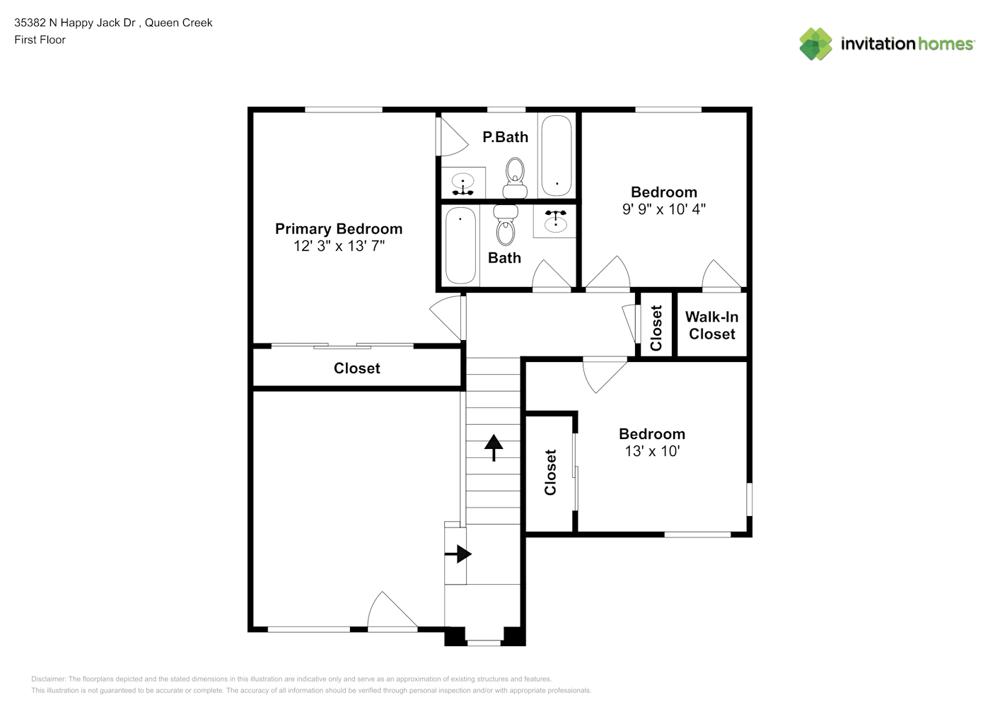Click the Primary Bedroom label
point(338,229)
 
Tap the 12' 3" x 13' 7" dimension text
point(339,246)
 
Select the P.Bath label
point(506,137)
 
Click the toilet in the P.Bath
point(515,177)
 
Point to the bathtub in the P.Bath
point(557,156)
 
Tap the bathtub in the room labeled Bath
point(460,245)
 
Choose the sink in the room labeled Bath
point(555,219)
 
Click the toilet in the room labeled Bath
point(506,226)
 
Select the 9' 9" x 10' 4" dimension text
point(664,209)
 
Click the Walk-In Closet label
point(711,325)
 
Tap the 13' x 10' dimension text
point(652,451)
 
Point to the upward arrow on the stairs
point(494,448)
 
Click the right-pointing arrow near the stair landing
point(458,554)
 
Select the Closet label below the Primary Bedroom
point(356,368)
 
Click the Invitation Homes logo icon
point(815,44)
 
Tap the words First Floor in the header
point(40,40)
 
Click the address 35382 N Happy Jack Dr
point(74,23)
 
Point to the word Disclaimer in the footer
point(48,679)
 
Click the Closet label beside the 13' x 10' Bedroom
point(550,472)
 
